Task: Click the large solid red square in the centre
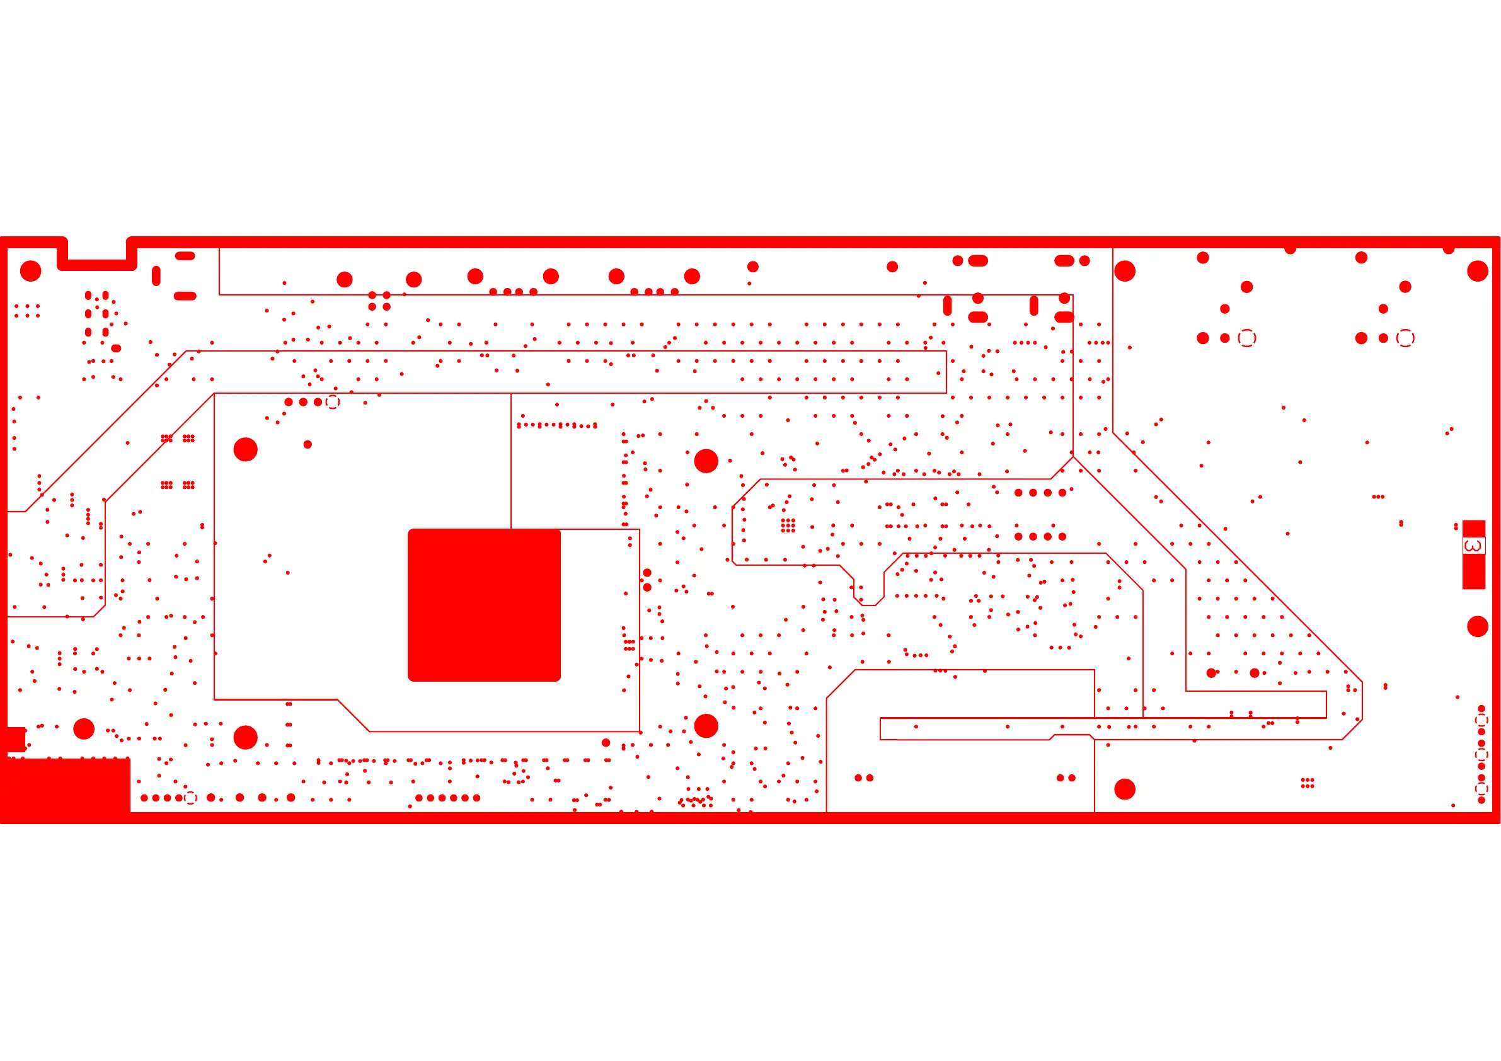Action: (x=484, y=605)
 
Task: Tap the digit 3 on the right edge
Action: (x=1473, y=545)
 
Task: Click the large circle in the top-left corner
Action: (x=31, y=271)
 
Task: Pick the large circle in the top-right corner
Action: (x=1478, y=271)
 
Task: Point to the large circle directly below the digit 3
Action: (x=1478, y=626)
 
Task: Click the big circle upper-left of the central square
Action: (x=245, y=449)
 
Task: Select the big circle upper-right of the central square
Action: (x=706, y=461)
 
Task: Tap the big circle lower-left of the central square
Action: (x=245, y=737)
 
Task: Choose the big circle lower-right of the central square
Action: (x=706, y=726)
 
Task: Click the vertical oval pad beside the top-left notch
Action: (x=156, y=275)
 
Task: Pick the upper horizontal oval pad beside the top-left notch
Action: (x=185, y=256)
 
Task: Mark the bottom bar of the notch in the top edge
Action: (x=98, y=265)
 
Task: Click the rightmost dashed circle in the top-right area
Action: (x=1405, y=338)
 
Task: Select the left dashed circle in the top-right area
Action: (x=1246, y=338)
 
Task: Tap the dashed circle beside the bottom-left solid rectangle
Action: (x=190, y=798)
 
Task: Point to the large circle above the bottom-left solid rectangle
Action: (x=84, y=728)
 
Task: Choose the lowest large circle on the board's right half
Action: (x=1124, y=789)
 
